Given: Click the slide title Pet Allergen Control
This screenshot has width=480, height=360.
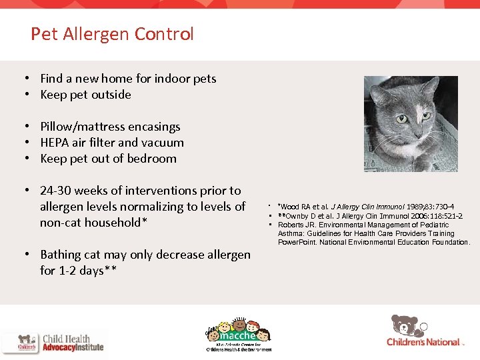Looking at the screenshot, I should [112, 34].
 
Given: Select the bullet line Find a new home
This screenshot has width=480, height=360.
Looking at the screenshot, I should [128, 79].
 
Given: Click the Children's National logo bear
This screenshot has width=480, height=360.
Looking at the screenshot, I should [405, 325].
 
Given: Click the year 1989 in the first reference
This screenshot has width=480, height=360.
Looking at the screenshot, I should [415, 207].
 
